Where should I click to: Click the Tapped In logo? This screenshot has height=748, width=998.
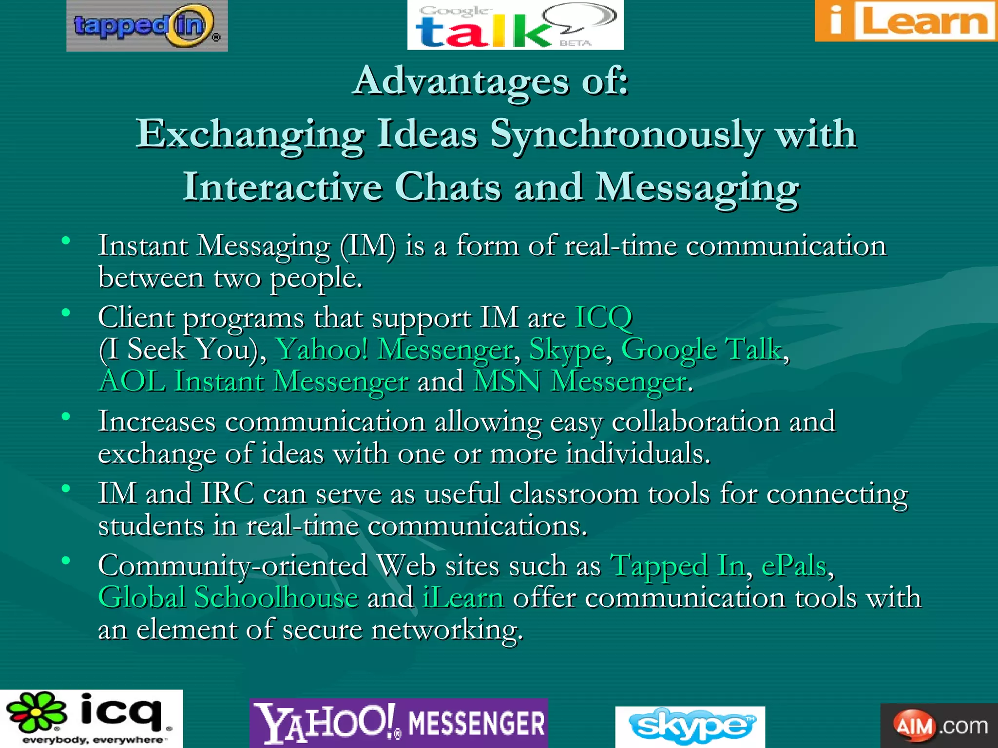tap(147, 26)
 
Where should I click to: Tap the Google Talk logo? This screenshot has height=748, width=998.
tap(515, 25)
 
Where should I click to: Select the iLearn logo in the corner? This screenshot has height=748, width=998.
tap(906, 21)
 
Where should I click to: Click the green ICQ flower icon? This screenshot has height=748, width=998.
tap(37, 713)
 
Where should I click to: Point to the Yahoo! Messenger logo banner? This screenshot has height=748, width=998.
tap(399, 723)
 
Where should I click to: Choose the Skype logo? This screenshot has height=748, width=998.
tap(690, 726)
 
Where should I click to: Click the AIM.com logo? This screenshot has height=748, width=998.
tap(939, 726)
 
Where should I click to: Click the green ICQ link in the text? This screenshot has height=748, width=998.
tap(603, 318)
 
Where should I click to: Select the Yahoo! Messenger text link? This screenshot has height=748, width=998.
tap(394, 349)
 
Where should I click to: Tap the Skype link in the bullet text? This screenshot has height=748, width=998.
tap(567, 349)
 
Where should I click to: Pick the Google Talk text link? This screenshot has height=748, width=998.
tap(702, 349)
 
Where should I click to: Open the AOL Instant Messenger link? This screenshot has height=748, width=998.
tap(253, 381)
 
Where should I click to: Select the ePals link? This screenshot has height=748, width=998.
tap(794, 566)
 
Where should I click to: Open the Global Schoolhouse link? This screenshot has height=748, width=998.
tap(228, 598)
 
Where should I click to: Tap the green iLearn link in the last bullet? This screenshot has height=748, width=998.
tap(462, 598)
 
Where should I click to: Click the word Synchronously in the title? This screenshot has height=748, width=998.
tap(625, 134)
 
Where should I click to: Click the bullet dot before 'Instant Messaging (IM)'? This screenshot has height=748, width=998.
tap(66, 240)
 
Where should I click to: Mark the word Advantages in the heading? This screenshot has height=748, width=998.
tap(461, 81)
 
